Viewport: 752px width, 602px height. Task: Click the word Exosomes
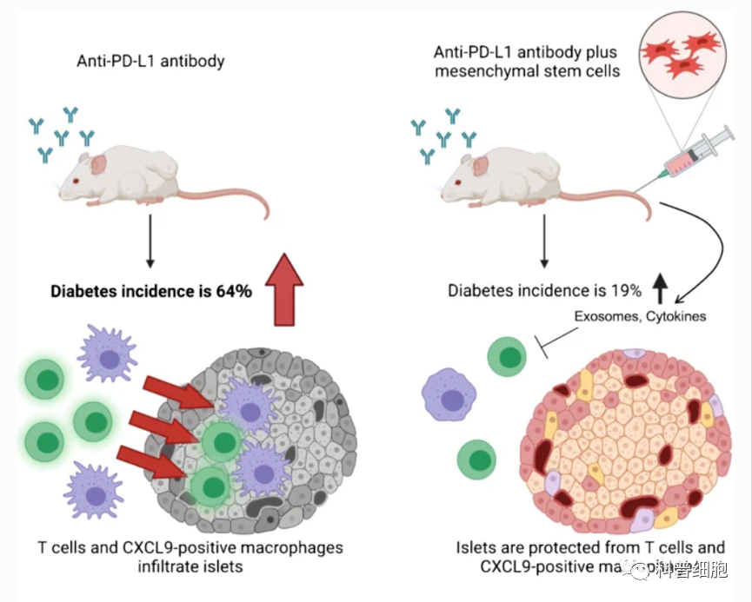pos(607,317)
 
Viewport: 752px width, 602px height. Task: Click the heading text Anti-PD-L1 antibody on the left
pos(150,61)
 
